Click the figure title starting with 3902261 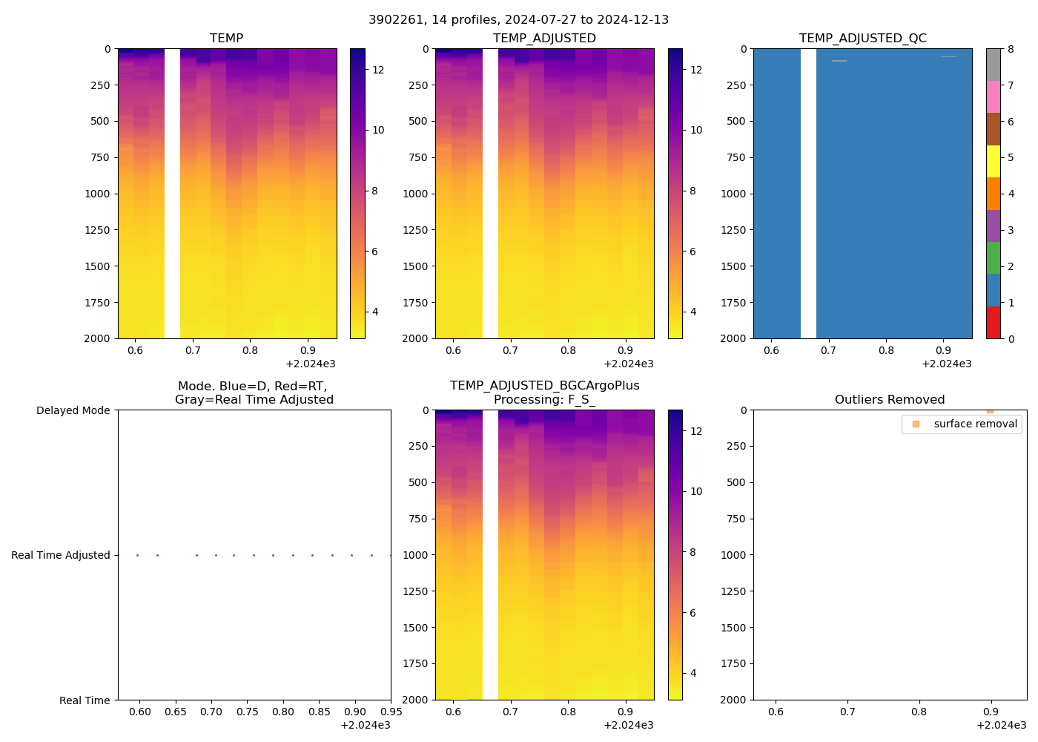[x=518, y=19]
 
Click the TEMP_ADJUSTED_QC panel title [x=862, y=38]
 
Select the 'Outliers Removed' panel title [x=889, y=399]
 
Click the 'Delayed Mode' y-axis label [x=73, y=410]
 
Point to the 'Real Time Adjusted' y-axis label [x=60, y=555]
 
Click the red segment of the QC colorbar [x=994, y=323]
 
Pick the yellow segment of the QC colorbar [x=994, y=161]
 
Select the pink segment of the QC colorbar [x=994, y=96]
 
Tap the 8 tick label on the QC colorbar [x=1011, y=50]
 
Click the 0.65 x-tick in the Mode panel [x=176, y=712]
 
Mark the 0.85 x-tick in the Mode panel [x=319, y=712]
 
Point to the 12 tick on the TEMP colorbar [x=378, y=70]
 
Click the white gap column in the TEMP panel [x=172, y=193]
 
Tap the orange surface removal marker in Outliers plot [x=990, y=410]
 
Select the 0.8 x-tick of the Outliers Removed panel [x=919, y=712]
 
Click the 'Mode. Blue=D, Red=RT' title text [x=253, y=387]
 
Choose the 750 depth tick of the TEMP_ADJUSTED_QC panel [x=736, y=157]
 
